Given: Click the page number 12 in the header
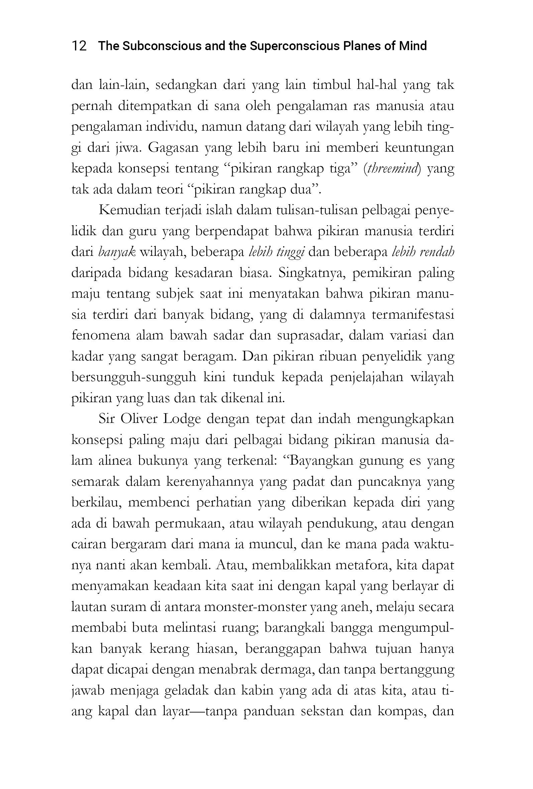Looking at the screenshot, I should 79,46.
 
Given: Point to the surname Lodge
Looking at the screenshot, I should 182,419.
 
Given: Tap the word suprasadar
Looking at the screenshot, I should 309,335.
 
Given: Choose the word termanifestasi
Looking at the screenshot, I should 413,315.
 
